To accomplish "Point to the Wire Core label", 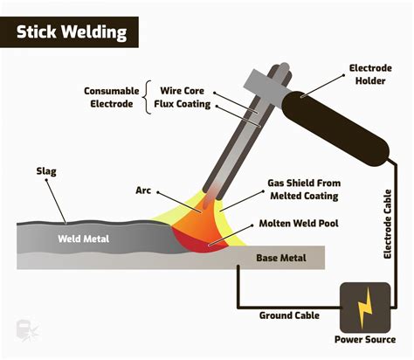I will click(x=182, y=90).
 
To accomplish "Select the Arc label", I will click(x=143, y=190).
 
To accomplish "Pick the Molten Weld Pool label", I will click(x=301, y=224).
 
